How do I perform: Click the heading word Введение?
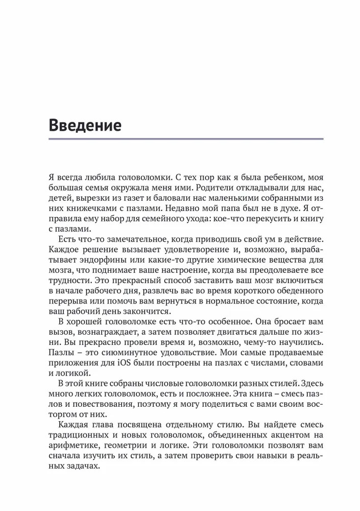tap(85, 125)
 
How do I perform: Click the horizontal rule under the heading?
tap(186, 138)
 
